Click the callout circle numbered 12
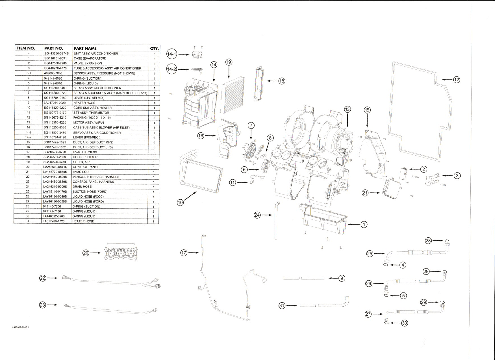457,80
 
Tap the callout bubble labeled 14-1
171,55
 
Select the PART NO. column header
54,48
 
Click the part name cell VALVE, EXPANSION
86,63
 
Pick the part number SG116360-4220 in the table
55,123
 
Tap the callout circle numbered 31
282,306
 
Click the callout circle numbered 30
405,323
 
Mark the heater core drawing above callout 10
201,175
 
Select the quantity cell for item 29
153,211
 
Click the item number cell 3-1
28,73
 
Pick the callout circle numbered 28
429,241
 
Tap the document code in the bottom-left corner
21,328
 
